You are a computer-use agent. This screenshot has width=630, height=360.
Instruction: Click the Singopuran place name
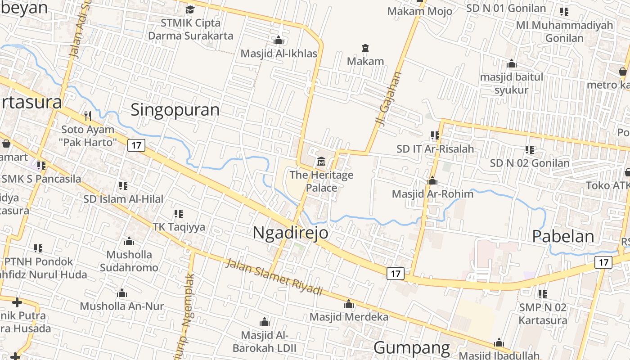click(175, 110)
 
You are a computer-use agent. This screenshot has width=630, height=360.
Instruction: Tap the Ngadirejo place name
click(290, 233)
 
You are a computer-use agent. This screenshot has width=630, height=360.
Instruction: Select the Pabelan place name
click(563, 236)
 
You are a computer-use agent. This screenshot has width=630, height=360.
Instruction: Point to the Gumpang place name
click(412, 348)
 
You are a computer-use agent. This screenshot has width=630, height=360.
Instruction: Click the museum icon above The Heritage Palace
click(321, 161)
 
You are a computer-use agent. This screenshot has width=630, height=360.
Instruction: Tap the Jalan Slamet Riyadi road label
click(274, 277)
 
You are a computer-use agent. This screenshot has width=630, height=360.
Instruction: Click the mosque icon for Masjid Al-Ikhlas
click(279, 40)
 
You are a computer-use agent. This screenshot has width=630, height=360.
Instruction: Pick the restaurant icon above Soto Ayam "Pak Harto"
click(88, 116)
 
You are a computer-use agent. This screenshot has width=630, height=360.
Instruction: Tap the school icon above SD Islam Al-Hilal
click(123, 185)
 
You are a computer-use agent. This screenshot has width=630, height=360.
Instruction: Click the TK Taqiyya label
click(179, 227)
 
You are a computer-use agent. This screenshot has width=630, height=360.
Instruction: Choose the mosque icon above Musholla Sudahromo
click(129, 242)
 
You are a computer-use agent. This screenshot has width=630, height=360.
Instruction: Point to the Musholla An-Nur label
click(122, 306)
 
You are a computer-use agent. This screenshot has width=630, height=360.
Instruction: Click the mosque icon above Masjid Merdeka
click(349, 304)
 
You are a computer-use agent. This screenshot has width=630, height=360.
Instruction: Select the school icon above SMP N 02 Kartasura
click(543, 294)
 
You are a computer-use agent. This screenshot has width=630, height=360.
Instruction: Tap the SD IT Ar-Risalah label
click(435, 148)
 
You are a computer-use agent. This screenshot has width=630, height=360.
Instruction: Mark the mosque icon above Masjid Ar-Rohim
click(432, 181)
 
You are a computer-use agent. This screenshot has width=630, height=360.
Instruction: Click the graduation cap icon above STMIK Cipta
click(190, 9)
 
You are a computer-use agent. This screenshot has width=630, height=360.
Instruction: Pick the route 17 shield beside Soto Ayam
click(136, 145)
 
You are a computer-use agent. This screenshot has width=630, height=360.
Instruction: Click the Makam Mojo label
click(420, 11)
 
